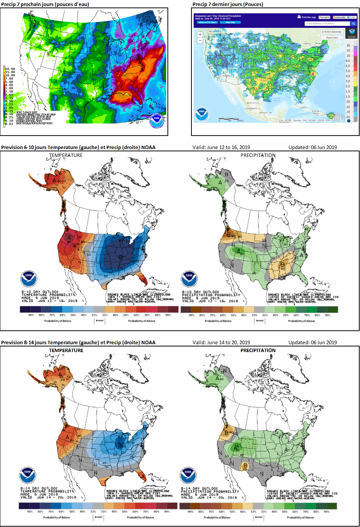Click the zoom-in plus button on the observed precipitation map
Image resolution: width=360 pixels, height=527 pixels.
coord(200,34)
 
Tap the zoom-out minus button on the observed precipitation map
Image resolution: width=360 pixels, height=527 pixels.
coord(200,40)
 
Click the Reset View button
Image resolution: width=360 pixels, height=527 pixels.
coord(332,37)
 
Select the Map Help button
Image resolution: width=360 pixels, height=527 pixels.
coord(230,22)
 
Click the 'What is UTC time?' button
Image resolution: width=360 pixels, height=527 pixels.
coord(208,22)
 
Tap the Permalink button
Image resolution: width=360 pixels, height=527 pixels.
coord(324,17)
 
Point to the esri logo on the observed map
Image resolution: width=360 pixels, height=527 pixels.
coord(338,119)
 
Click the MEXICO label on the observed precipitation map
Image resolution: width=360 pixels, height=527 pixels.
coord(252,103)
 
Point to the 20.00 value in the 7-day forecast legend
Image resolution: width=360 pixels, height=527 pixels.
coord(10,69)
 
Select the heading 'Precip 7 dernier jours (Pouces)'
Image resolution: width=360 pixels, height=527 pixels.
coord(228,4)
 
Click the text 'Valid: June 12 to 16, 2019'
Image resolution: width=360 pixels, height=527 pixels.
coord(221,147)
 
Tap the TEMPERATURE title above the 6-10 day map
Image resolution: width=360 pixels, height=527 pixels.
coord(66,155)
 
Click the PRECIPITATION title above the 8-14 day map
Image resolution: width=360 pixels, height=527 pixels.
coord(258,350)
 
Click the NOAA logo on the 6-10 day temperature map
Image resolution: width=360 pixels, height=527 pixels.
coord(28,279)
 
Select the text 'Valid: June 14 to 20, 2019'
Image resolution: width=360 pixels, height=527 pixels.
coord(221,342)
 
